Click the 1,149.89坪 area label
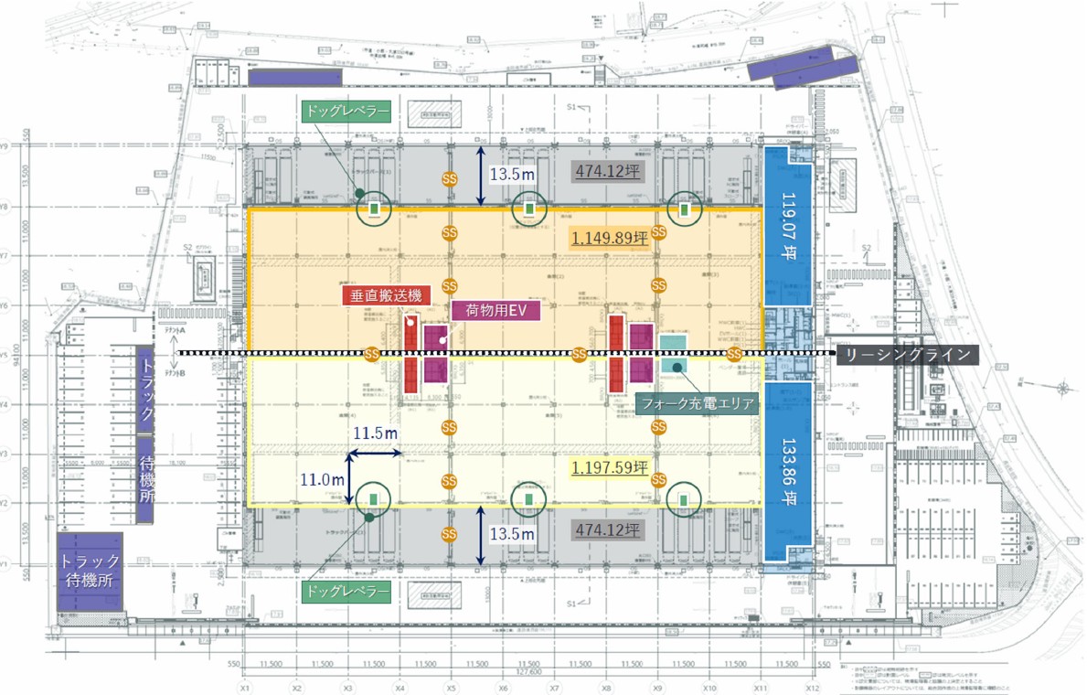pos(609,239)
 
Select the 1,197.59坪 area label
pos(609,468)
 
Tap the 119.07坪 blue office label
pos(787,227)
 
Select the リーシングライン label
pos(908,355)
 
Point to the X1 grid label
pos(245,687)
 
